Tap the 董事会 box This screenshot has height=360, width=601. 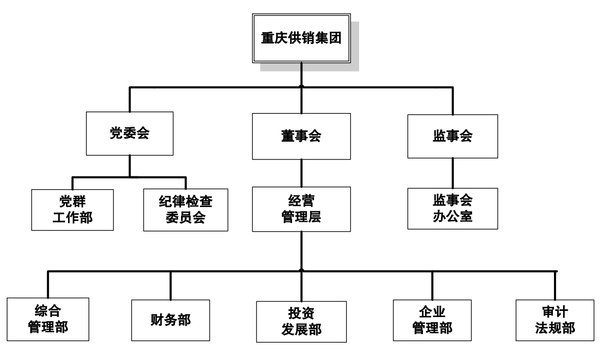[x=301, y=137]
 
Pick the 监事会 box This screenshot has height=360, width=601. [x=452, y=136]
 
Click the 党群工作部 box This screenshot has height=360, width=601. [x=72, y=210]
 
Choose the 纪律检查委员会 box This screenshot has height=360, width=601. [x=185, y=210]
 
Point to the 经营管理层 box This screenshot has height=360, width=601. [x=301, y=210]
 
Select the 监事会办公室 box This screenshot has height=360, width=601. [x=452, y=208]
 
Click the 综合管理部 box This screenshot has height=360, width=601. [x=49, y=320]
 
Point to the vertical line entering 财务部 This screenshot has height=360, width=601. [x=170, y=284]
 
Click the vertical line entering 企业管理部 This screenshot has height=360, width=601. [x=432, y=284]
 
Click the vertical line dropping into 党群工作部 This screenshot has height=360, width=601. [x=72, y=183]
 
